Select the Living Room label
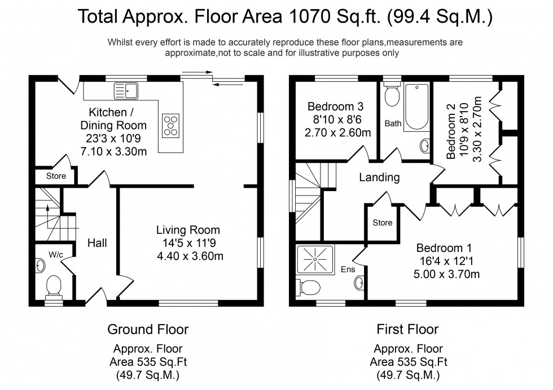click(188, 230)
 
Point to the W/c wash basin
click(40, 263)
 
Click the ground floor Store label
click(56, 176)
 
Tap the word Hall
click(97, 243)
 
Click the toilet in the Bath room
click(391, 96)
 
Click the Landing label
click(380, 178)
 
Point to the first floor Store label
click(382, 223)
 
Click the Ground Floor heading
click(148, 329)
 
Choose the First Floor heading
click(407, 329)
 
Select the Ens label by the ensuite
click(348, 270)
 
